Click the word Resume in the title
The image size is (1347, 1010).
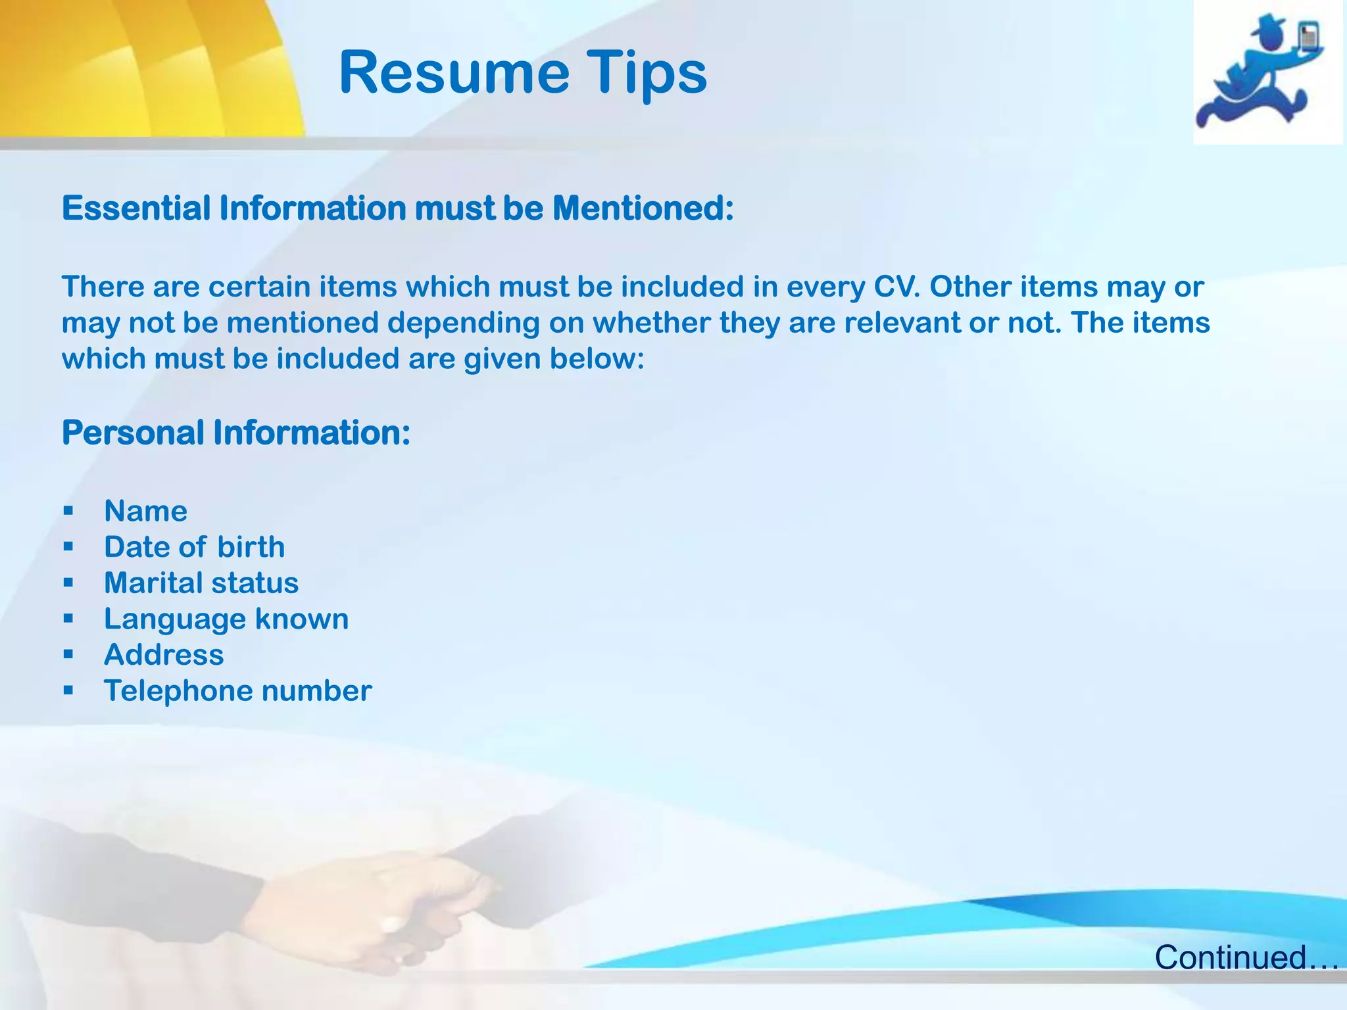coord(454,72)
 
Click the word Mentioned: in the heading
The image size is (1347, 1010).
coord(643,208)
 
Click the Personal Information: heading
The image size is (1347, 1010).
coord(236,433)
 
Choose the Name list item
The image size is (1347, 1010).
coord(145,512)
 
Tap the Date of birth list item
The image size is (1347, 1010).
coord(194,547)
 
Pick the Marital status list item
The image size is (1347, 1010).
coord(201,583)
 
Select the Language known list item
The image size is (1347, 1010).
coord(226,619)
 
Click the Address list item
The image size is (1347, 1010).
coord(164,655)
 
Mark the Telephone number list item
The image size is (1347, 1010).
coord(237,691)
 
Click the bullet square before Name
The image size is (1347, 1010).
coord(68,511)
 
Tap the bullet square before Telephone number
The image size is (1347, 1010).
coord(68,690)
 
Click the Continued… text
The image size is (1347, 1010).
coord(1246,957)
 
